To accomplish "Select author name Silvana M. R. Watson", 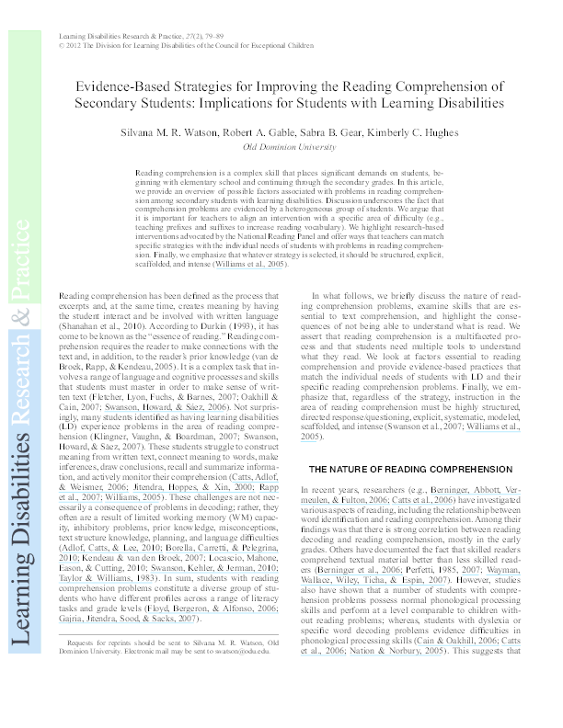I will coord(164,131).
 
